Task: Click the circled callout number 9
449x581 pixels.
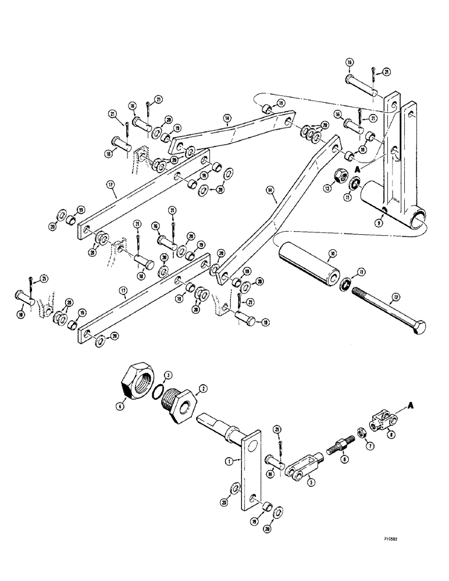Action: pos(380,221)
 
